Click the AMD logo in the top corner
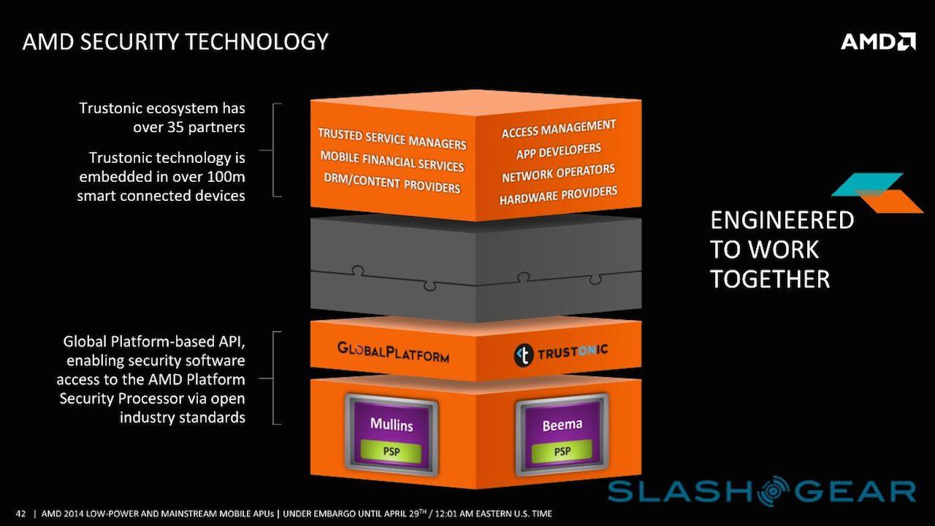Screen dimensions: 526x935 [x=878, y=41]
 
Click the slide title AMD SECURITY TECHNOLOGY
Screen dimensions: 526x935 [x=175, y=41]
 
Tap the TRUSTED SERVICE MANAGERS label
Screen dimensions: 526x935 [x=392, y=139]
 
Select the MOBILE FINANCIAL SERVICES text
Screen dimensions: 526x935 [x=392, y=161]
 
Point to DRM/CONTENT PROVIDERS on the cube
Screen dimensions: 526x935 [x=392, y=183]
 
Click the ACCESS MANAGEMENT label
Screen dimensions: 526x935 [x=559, y=130]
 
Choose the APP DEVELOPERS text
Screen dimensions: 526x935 [x=559, y=152]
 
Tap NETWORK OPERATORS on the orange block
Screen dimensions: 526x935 [x=559, y=174]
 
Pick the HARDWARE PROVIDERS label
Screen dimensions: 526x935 [x=559, y=196]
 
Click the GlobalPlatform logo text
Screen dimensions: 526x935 [x=393, y=351]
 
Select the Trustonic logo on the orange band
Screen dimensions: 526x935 [x=561, y=352]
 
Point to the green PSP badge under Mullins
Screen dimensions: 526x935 [x=392, y=451]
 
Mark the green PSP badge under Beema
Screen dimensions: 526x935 [x=562, y=451]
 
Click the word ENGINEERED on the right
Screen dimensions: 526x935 [x=782, y=221]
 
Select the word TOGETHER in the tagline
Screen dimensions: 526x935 [x=770, y=279]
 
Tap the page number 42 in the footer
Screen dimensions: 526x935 [x=20, y=513]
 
